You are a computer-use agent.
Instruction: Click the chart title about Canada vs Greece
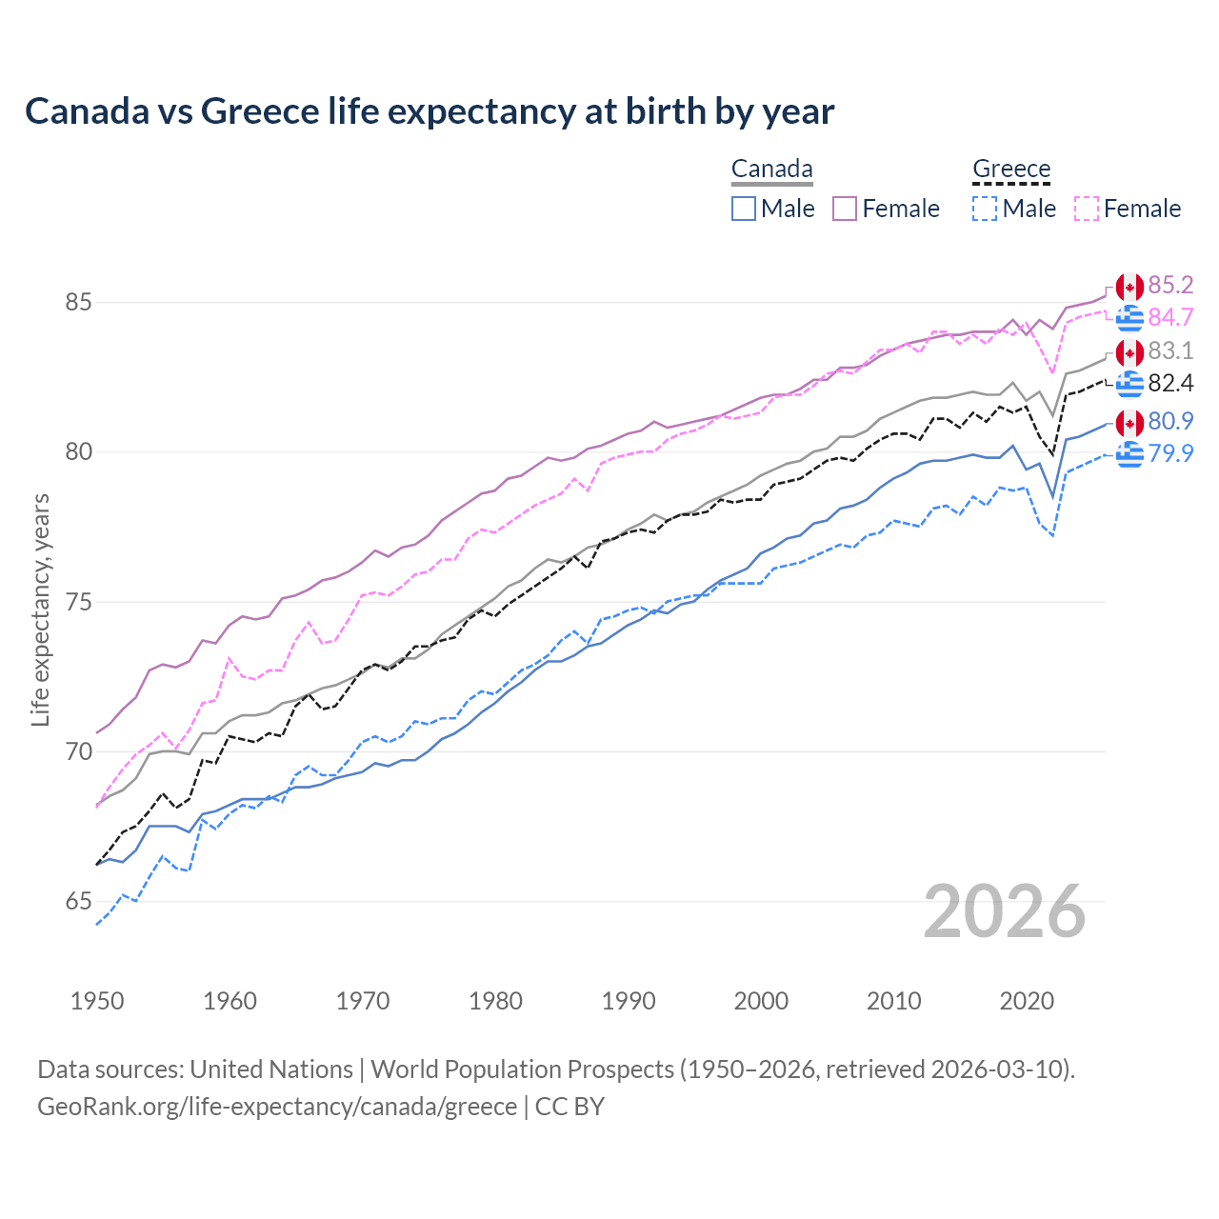click(430, 111)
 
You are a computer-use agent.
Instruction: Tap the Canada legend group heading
click(771, 170)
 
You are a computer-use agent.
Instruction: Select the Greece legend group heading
click(1011, 170)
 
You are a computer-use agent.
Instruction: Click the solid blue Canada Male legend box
click(744, 209)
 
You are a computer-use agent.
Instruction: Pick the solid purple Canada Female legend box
click(846, 209)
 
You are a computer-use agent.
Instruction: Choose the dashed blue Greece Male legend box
click(985, 209)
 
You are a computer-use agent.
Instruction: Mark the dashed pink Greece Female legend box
click(1087, 209)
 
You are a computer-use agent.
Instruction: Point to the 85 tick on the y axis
click(78, 303)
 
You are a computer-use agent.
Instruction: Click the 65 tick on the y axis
click(78, 901)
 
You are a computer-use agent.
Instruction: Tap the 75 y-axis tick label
click(78, 602)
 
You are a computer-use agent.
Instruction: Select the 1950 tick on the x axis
click(97, 1001)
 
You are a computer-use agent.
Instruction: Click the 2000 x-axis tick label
click(761, 1001)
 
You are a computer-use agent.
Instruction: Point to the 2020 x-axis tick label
click(1027, 1001)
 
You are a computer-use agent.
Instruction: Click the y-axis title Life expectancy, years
click(40, 609)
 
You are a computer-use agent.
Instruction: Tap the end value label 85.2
click(1170, 286)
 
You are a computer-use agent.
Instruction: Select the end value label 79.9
click(1170, 453)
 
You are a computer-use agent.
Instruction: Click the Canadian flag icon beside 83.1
click(1129, 352)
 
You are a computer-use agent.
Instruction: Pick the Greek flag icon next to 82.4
click(1129, 384)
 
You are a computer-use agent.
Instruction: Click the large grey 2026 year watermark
click(1004, 911)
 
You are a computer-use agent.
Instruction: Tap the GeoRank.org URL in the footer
click(276, 1107)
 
